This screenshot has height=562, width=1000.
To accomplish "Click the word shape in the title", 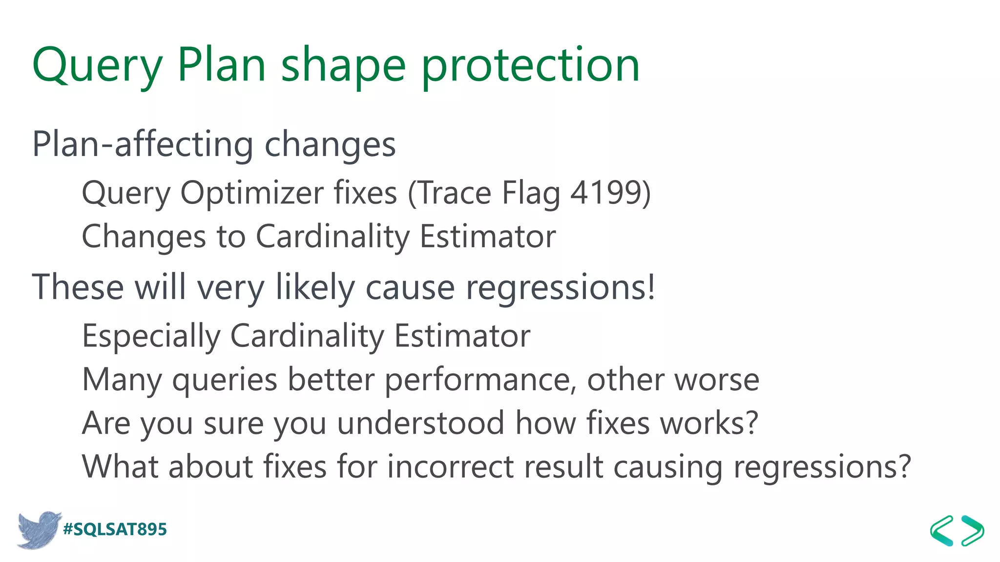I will click(x=343, y=66).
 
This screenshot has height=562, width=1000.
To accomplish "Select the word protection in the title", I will click(x=530, y=66).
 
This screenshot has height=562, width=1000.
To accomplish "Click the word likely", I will click(x=315, y=287).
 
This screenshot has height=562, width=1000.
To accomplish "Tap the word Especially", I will click(x=151, y=336).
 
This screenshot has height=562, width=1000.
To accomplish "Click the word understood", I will click(x=420, y=423).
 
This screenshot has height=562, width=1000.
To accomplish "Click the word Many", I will click(x=122, y=380).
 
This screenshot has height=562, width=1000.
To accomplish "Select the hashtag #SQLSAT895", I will click(x=115, y=529).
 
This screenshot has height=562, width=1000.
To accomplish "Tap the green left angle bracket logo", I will click(x=942, y=530).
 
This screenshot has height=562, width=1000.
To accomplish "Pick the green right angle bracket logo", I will click(x=973, y=530).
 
